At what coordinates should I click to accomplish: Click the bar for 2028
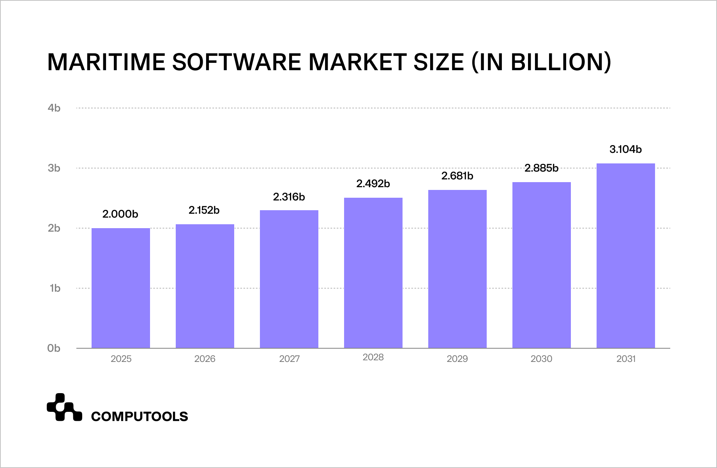tap(373, 273)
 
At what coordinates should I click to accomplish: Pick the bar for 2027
tap(289, 279)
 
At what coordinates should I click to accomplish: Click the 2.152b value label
tap(204, 210)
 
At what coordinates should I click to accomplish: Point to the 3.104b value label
tap(625, 149)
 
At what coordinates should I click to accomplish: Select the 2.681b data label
tap(457, 176)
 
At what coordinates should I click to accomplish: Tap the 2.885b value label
tap(541, 168)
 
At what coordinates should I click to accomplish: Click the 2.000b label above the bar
tap(120, 214)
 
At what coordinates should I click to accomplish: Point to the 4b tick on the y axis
tap(54, 108)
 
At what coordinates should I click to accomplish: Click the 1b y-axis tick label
tap(55, 288)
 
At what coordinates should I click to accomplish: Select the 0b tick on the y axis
tap(54, 348)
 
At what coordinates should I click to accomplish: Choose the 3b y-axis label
tap(54, 168)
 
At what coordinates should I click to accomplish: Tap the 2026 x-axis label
tap(205, 359)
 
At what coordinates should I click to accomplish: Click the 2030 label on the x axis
tap(541, 359)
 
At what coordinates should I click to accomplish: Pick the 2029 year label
tap(457, 359)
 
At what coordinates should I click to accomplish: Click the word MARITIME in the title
tap(106, 62)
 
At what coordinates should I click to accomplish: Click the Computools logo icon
tap(64, 408)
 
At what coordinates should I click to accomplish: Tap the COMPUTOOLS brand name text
tap(140, 417)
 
